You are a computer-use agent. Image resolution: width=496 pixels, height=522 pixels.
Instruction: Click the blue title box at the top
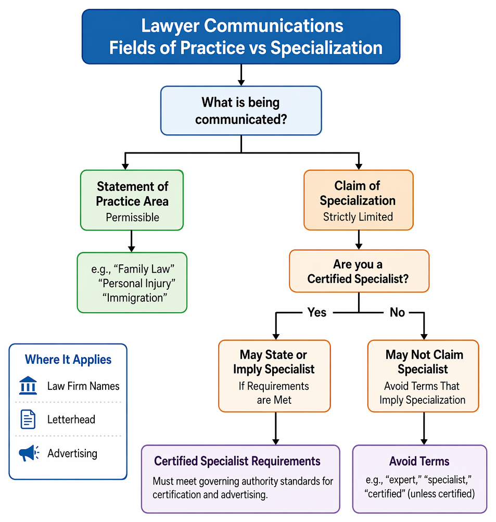(241, 36)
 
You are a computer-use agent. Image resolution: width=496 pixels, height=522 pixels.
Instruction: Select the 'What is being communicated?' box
(241, 110)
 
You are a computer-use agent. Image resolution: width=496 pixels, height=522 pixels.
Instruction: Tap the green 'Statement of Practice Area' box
(132, 200)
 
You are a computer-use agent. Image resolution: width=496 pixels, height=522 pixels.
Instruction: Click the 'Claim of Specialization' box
(359, 200)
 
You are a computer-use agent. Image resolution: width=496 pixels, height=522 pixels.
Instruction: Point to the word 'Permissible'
(133, 218)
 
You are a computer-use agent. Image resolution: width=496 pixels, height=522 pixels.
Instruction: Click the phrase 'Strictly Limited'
(358, 217)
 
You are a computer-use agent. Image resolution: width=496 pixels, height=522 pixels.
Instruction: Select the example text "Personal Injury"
(136, 283)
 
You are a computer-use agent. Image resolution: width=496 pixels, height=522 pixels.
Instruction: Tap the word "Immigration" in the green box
(135, 298)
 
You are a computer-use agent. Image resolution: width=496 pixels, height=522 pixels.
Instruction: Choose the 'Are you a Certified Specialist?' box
(359, 271)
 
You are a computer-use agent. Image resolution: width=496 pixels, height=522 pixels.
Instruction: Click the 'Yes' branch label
(317, 312)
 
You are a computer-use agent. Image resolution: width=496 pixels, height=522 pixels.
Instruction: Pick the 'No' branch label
(397, 312)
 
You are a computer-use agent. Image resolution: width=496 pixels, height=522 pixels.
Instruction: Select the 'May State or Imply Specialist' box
(274, 376)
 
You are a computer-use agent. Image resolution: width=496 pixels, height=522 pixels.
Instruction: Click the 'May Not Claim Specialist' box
(423, 376)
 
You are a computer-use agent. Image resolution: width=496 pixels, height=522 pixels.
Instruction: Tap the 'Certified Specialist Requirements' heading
(237, 461)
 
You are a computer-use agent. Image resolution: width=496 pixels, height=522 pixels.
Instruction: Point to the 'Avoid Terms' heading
(419, 461)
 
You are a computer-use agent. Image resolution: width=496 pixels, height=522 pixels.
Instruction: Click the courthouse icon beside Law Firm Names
(28, 386)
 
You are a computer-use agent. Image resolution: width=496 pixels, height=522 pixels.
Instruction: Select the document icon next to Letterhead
(28, 419)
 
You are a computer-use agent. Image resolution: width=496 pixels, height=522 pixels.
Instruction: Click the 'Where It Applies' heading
(68, 360)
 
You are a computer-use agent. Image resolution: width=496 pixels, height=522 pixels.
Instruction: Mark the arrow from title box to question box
(241, 75)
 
